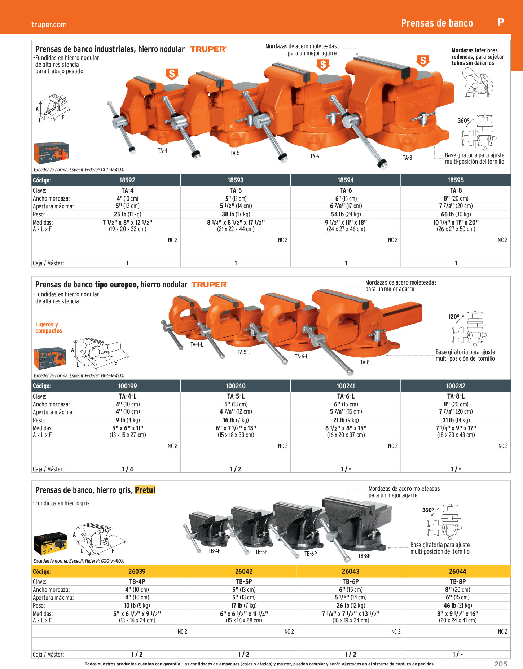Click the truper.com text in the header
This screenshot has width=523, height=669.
click(49, 25)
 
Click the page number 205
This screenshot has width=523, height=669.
click(501, 664)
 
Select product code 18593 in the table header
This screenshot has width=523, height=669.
click(236, 180)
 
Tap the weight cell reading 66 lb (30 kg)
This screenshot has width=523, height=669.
click(456, 214)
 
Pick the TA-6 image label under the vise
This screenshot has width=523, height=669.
click(315, 156)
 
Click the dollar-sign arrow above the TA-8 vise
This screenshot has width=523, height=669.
click(423, 61)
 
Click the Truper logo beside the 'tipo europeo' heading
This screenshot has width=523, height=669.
click(210, 285)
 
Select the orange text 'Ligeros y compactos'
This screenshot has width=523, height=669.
click(49, 327)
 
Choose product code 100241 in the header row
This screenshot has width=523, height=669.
click(346, 386)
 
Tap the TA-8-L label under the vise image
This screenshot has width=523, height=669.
click(367, 362)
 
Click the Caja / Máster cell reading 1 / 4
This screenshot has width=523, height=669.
click(128, 469)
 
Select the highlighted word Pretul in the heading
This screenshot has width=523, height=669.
click(145, 490)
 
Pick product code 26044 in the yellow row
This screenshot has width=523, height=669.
click(457, 571)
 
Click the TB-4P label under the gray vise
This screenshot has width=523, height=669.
click(214, 551)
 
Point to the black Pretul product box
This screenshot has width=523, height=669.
click(50, 543)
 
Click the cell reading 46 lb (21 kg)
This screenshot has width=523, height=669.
click(457, 606)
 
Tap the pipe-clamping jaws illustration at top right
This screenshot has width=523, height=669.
click(478, 83)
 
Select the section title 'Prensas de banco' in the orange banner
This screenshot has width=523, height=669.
click(437, 23)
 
